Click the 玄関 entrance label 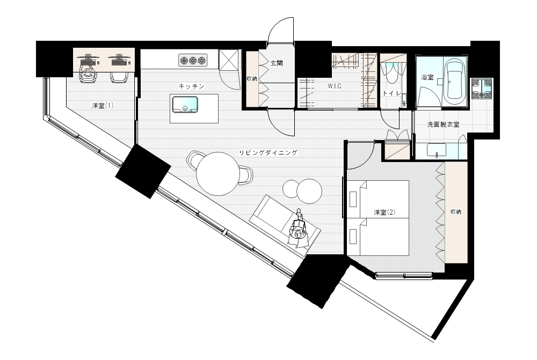[x=277, y=64]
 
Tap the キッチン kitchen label [x=192, y=86]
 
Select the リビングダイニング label [x=268, y=152]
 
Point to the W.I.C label [x=334, y=86]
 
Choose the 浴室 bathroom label [x=427, y=77]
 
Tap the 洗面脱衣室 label [x=443, y=124]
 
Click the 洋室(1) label [x=103, y=106]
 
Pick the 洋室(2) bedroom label [x=384, y=212]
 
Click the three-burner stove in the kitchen [x=193, y=61]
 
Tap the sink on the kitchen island [x=185, y=105]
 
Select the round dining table [x=218, y=173]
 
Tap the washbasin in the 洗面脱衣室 [x=437, y=150]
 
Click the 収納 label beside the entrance [x=252, y=79]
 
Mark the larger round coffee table [x=309, y=192]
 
